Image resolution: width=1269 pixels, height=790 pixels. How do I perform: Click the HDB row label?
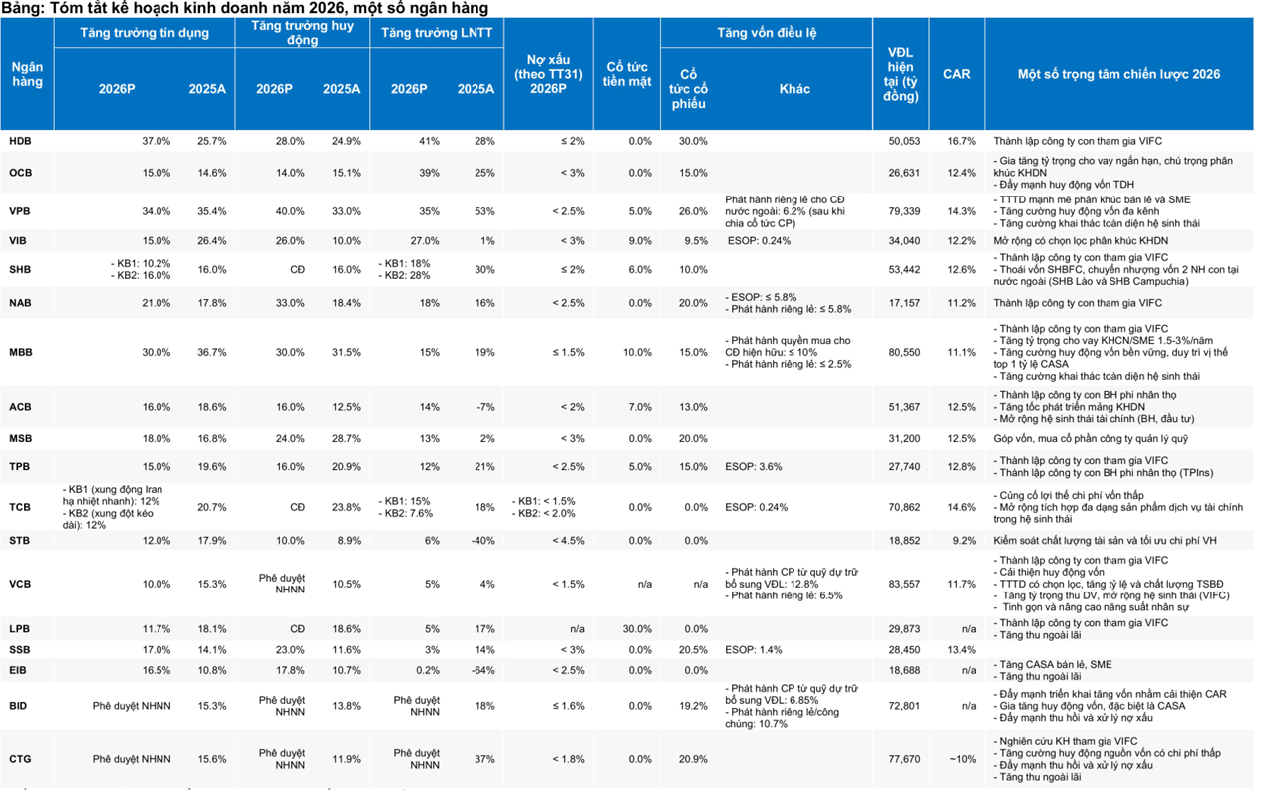20,141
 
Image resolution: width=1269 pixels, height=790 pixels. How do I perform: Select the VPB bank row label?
19,211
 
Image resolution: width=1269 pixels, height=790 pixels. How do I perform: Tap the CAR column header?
956,74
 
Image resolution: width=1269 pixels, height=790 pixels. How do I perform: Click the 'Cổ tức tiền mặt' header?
627,74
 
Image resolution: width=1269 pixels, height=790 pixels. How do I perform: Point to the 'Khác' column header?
794,89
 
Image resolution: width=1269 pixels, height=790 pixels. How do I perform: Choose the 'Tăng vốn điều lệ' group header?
767,33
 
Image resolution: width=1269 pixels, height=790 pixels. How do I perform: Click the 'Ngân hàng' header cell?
27,74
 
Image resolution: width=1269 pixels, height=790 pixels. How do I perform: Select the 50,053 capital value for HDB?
904,141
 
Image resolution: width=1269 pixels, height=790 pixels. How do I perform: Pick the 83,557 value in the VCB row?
904,584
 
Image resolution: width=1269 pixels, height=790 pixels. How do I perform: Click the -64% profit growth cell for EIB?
483,670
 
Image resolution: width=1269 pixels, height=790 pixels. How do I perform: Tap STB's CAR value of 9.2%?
964,540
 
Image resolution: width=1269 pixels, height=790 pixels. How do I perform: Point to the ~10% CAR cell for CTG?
963,759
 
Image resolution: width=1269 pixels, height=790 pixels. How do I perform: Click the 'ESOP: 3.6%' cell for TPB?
753,467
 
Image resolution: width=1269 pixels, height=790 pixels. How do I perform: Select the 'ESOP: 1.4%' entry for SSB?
753,650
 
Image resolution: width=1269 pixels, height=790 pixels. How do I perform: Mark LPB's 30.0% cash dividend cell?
637,629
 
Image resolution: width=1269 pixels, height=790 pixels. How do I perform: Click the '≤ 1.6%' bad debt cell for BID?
568,706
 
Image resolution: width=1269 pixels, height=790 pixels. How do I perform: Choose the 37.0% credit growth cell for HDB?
156,141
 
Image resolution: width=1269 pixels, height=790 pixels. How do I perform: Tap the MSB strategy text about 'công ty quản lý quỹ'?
1091,438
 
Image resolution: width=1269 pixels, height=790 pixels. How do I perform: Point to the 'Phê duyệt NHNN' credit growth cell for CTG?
132,759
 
